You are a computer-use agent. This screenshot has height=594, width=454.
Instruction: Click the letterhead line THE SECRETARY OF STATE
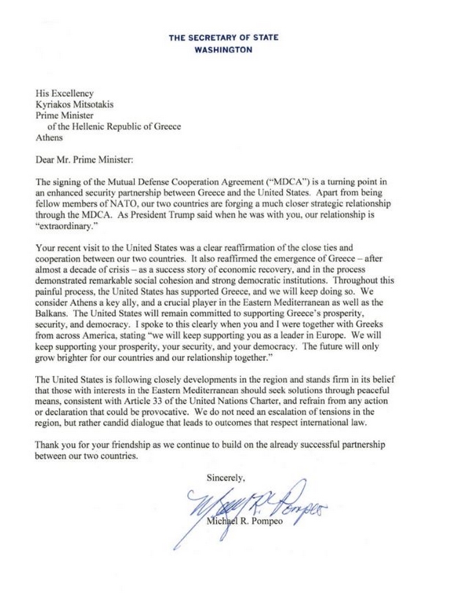224,38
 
